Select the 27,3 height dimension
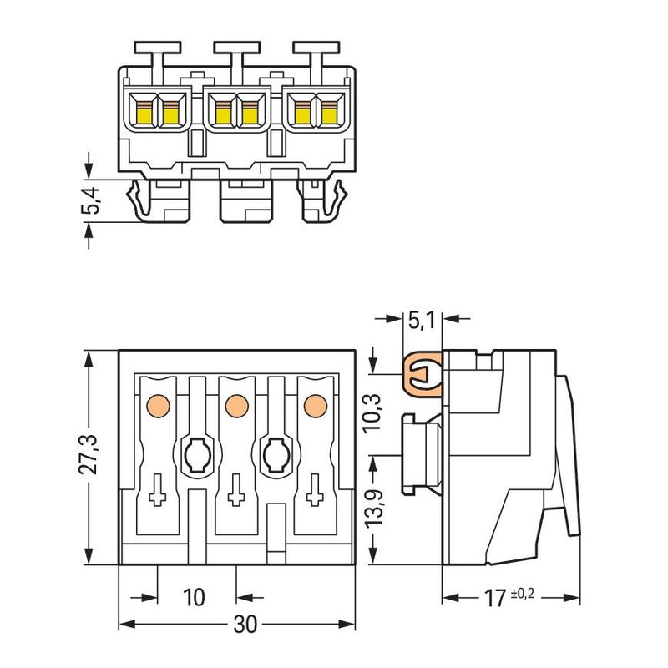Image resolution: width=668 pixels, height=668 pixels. click(89, 454)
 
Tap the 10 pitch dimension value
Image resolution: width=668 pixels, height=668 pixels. click(194, 597)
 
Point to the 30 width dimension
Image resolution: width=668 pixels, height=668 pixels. click(245, 625)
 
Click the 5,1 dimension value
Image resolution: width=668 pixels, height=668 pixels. click(422, 320)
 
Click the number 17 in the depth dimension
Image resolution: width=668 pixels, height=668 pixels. click(494, 598)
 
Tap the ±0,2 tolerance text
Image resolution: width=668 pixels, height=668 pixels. click(523, 594)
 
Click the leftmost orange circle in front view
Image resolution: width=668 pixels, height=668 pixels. click(158, 406)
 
